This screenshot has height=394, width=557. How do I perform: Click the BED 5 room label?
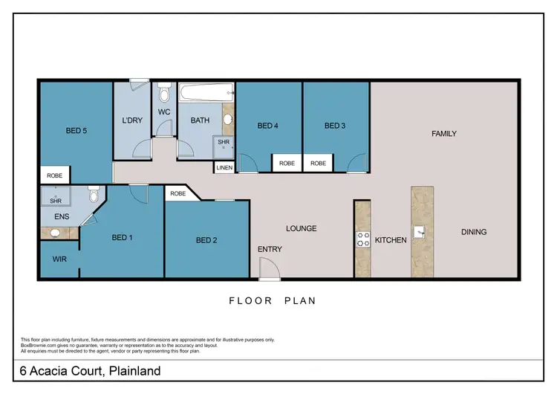[x=76, y=131]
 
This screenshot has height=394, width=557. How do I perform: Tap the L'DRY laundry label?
[x=131, y=120]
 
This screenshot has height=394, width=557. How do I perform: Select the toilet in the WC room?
[x=165, y=95]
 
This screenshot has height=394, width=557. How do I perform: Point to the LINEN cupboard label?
[x=224, y=168]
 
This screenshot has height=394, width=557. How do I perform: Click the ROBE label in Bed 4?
[x=286, y=164]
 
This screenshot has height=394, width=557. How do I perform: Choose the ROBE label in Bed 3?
[x=318, y=164]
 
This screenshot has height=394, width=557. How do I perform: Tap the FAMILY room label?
[x=444, y=134]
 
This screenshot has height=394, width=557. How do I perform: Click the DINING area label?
[x=473, y=232]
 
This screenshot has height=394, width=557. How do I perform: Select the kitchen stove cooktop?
[x=364, y=239]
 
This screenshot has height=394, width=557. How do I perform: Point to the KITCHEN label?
[x=390, y=241]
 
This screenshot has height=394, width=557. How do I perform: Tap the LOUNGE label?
[x=302, y=228]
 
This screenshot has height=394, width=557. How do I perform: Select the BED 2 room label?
[x=206, y=240]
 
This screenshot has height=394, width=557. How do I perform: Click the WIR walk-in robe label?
[x=59, y=259]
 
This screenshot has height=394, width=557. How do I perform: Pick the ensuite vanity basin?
[x=56, y=233]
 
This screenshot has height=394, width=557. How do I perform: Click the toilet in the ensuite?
[x=94, y=196]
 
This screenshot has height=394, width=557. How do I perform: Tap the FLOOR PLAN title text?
[x=272, y=301]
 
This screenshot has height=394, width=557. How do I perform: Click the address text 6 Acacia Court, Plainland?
[x=91, y=370]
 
